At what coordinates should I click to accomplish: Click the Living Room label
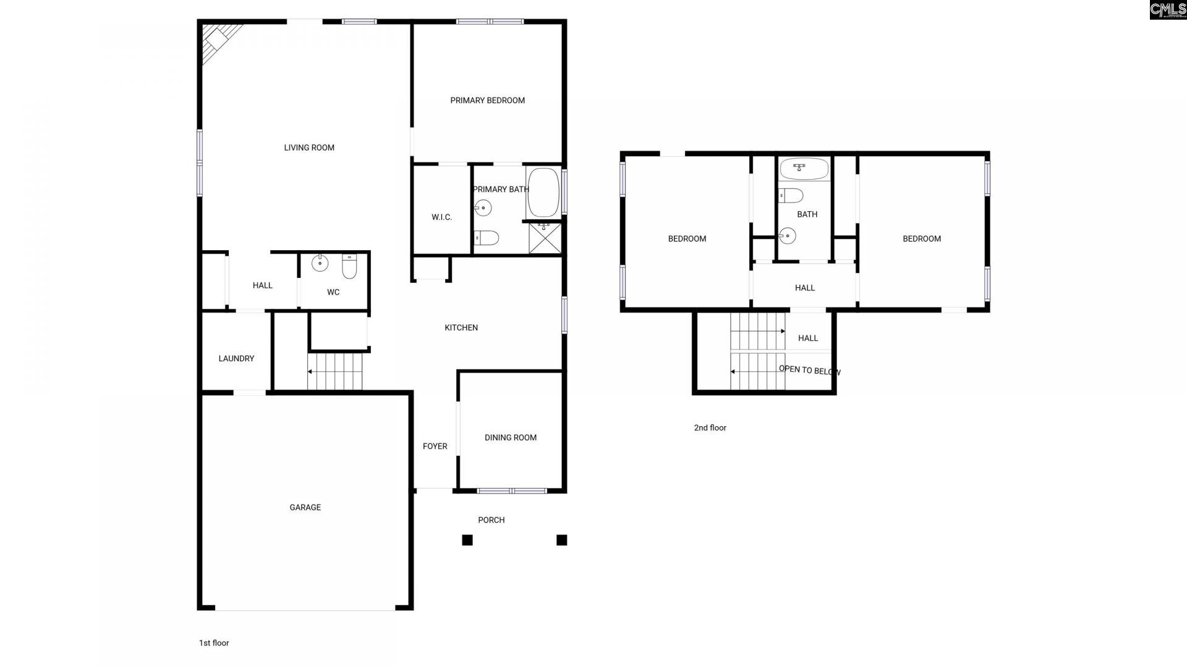point(309,148)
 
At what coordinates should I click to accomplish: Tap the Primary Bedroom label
point(487,101)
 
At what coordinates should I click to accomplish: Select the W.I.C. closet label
point(441,217)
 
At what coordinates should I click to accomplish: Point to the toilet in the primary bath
point(487,238)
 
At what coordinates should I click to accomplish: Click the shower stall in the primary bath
point(545,238)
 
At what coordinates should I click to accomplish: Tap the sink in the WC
point(320,263)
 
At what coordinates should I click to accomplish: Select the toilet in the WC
point(349,266)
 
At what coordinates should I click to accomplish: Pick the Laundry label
point(236,359)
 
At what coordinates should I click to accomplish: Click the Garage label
point(305,508)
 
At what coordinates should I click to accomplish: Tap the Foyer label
point(435,447)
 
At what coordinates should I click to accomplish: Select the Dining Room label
point(511,438)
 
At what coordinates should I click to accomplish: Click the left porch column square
point(467,540)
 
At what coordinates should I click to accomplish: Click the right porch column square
point(561,540)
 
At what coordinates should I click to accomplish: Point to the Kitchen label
point(461,328)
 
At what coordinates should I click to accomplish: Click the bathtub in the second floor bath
point(804,169)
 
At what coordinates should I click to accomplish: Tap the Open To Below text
point(809,371)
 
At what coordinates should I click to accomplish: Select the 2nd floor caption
point(710,428)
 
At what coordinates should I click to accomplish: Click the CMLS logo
point(1168,9)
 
